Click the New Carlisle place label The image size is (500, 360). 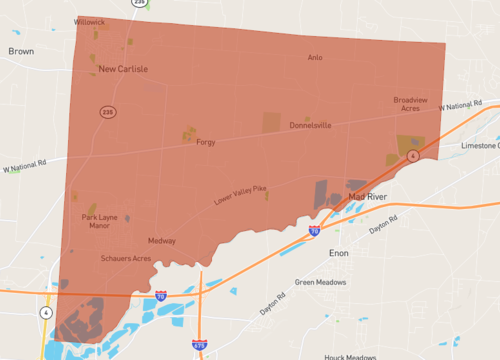(x=123, y=69)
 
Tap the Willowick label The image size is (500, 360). (x=90, y=21)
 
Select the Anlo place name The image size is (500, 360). (x=315, y=57)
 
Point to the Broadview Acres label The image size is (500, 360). (x=412, y=104)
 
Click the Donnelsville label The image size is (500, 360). (x=310, y=125)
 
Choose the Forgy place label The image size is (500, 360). (x=206, y=142)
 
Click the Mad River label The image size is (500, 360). (x=367, y=197)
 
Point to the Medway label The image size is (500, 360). (x=162, y=241)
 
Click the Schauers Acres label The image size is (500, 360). (x=126, y=258)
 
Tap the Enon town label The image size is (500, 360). (x=338, y=254)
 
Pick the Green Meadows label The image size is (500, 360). (x=320, y=282)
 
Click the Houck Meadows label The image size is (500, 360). (x=350, y=356)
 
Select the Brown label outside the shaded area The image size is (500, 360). (x=20, y=49)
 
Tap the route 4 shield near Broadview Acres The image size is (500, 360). (x=412, y=157)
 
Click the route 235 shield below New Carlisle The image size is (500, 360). (x=107, y=112)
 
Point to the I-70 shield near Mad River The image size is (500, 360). (x=314, y=231)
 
